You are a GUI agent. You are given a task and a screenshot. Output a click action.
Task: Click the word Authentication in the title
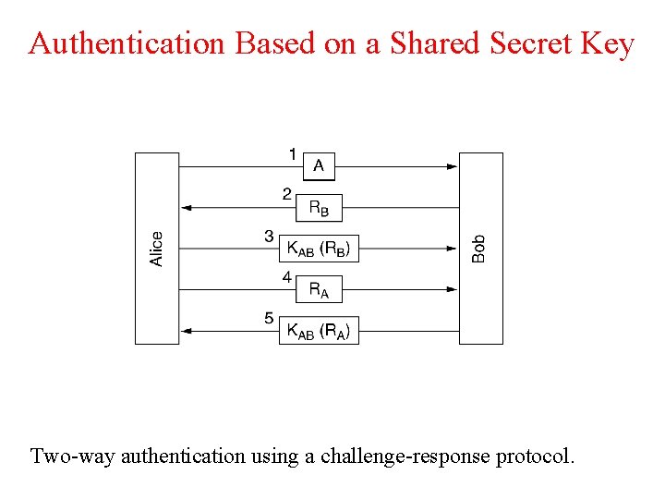click(127, 43)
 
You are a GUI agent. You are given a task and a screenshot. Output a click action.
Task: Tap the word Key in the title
click(606, 43)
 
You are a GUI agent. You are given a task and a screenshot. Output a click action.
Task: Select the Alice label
click(157, 249)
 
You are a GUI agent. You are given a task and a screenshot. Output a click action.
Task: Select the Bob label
click(478, 248)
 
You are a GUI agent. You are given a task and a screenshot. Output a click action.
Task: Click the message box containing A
click(319, 166)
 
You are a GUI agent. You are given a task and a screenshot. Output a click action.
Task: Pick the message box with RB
click(319, 208)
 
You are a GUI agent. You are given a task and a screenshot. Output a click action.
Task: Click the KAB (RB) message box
click(319, 249)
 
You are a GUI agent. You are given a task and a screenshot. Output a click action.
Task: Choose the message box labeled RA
click(319, 290)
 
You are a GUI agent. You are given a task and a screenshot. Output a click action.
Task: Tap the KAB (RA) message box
click(319, 331)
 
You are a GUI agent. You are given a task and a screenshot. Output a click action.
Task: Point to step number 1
click(293, 153)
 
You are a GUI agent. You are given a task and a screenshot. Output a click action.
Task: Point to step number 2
click(287, 194)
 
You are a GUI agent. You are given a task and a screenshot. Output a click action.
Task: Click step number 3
click(269, 236)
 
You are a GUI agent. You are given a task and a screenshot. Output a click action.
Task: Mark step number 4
click(287, 276)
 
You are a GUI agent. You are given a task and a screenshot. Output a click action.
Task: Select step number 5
click(269, 318)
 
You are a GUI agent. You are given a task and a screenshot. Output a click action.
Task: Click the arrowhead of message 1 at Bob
click(453, 166)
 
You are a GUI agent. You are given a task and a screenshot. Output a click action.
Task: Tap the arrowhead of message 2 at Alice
click(186, 208)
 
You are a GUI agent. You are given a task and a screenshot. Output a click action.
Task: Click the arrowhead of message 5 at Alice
click(186, 331)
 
